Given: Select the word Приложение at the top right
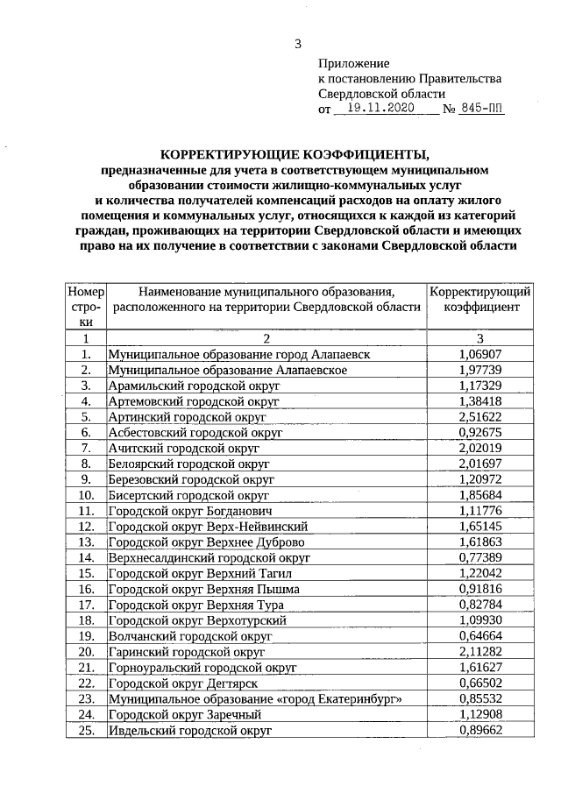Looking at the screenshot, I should pos(352,64).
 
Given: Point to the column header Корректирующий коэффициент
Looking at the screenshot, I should pos(480,300).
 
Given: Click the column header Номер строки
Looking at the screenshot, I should pos(86,307).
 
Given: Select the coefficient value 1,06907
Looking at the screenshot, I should pos(479,353).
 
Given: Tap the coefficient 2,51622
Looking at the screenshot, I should pos(479,416).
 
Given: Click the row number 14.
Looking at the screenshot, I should pos(86,557).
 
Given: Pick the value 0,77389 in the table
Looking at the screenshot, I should pos(479,557).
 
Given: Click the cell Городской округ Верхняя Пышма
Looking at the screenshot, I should pos(203,589).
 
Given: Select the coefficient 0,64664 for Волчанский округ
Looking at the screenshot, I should pos(479,636).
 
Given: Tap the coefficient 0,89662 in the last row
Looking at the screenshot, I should pos(479,730).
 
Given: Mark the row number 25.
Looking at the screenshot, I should pos(86,730).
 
